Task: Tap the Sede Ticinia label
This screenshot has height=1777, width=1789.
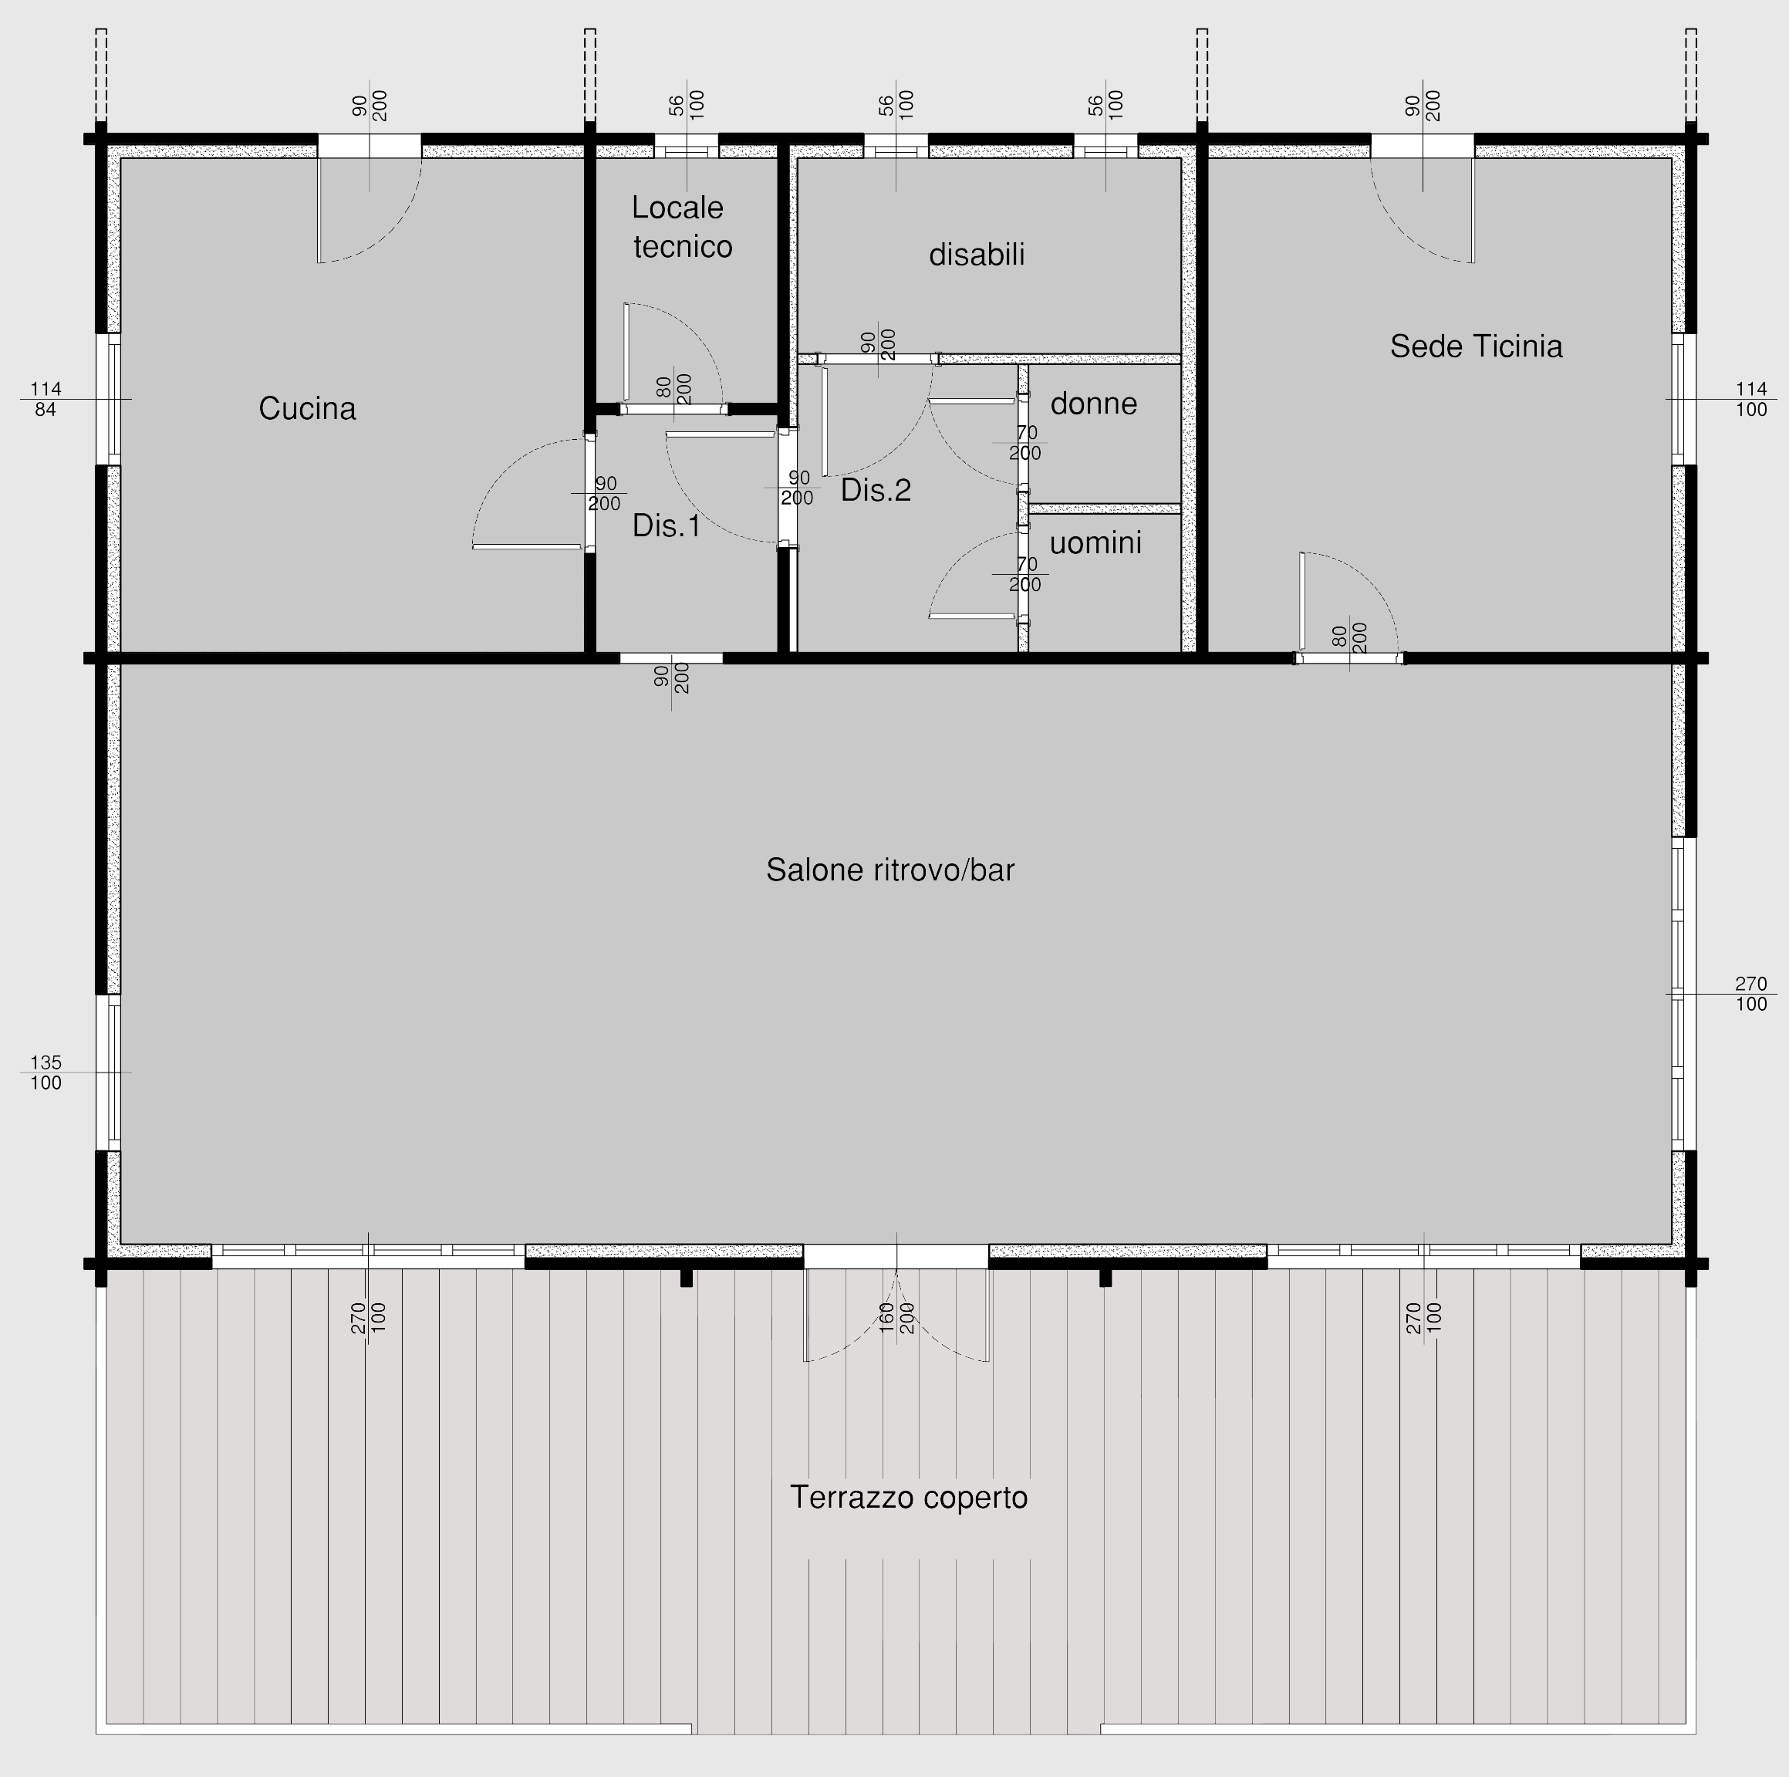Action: (1476, 346)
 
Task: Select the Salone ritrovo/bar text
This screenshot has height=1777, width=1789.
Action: (889, 870)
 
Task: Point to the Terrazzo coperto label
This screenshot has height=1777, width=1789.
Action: (909, 1498)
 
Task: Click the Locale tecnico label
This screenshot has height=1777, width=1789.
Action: (680, 227)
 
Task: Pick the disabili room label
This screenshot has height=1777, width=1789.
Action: (977, 255)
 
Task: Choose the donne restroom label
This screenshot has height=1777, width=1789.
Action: (1094, 404)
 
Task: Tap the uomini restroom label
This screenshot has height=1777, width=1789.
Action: (1095, 542)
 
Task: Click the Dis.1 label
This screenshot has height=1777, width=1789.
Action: (667, 526)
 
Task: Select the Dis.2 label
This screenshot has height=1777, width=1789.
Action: (876, 491)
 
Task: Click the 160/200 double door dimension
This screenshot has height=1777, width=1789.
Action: (896, 1318)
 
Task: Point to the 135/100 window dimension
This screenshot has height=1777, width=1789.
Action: (46, 1073)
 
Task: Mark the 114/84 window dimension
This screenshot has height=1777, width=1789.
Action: (45, 399)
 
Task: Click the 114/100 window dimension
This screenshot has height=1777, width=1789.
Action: (1751, 399)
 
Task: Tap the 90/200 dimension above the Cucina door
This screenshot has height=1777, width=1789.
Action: (370, 105)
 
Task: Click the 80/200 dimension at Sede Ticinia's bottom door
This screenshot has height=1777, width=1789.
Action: (1349, 637)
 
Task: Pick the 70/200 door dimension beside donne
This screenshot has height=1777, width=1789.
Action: (1025, 444)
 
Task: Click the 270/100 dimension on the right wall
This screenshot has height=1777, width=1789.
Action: (1751, 994)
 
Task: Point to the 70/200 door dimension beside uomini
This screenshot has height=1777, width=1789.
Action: (1025, 575)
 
